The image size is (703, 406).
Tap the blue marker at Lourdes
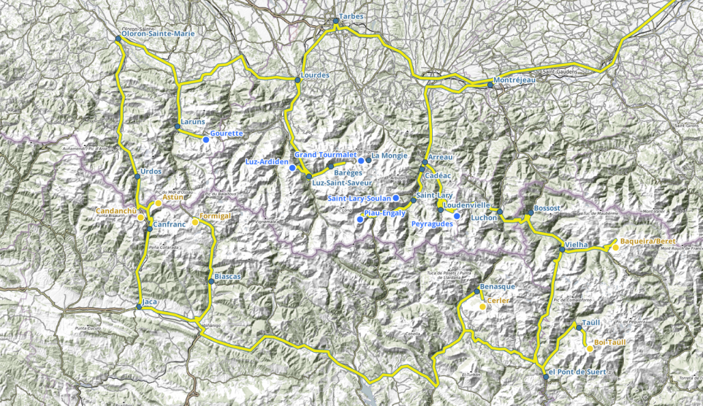298,81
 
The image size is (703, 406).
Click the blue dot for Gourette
205,140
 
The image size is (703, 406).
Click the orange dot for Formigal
195,222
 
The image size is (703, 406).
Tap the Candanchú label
116,211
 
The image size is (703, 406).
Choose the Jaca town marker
139,307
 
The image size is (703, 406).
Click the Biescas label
227,276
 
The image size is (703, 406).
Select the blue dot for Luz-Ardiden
292,168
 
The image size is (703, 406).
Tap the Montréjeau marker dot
490,85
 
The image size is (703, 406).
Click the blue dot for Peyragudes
457,217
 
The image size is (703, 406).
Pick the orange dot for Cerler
483,307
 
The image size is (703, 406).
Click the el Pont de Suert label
577,372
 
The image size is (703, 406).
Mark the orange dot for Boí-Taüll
590,349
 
